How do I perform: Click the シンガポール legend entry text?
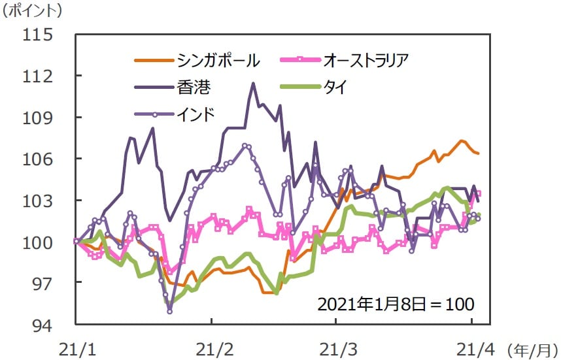[x=218, y=61]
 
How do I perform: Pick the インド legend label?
[x=197, y=113]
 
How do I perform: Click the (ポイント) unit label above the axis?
[x=33, y=11]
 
